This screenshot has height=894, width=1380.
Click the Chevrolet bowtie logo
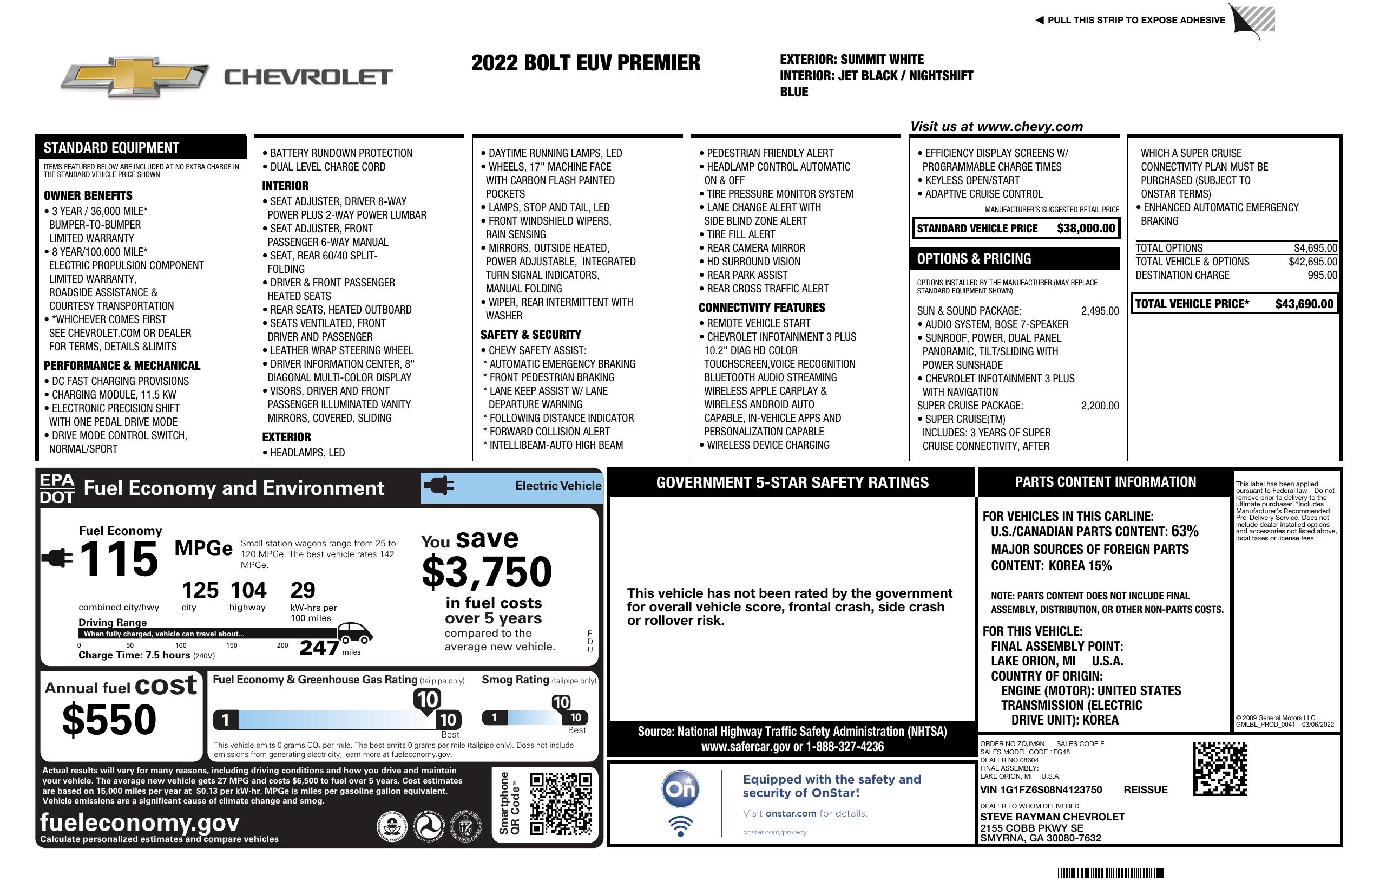pyautogui.click(x=135, y=77)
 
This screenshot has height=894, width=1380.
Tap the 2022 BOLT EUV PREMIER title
pyautogui.click(x=585, y=63)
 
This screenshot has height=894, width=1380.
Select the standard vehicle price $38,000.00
pyautogui.click(x=1086, y=229)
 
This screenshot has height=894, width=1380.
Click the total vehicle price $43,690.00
pyautogui.click(x=1304, y=304)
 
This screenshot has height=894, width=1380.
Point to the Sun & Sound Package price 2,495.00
pyautogui.click(x=1099, y=311)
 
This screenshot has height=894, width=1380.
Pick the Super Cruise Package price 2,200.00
pyautogui.click(x=1099, y=406)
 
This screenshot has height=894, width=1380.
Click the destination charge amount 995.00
pyautogui.click(x=1322, y=275)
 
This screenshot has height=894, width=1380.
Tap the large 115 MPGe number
pyautogui.click(x=119, y=559)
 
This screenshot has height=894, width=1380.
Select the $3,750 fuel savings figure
pyautogui.click(x=487, y=572)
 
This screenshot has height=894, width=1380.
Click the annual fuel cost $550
pyautogui.click(x=109, y=720)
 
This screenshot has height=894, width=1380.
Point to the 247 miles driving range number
pyautogui.click(x=319, y=647)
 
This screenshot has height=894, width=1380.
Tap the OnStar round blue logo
pyautogui.click(x=680, y=789)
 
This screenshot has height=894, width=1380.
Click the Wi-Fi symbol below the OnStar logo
pyautogui.click(x=680, y=826)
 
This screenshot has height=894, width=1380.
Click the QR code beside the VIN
pyautogui.click(x=1220, y=768)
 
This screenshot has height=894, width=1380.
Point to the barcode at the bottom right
pyautogui.click(x=1110, y=873)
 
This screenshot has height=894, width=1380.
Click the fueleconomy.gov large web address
pyautogui.click(x=140, y=822)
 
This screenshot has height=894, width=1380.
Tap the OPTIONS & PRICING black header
pyautogui.click(x=1014, y=259)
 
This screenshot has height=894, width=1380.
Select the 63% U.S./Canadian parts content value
pyautogui.click(x=1185, y=531)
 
